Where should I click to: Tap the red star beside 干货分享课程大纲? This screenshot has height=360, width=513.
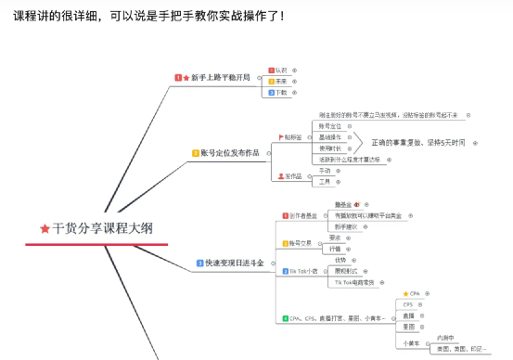[x=45, y=227]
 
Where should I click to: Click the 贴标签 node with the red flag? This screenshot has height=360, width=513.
[x=296, y=136]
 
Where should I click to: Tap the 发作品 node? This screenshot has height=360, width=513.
[x=293, y=175]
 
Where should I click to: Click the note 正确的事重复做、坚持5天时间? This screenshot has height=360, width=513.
[x=420, y=143]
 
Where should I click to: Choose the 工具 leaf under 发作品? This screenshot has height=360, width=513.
[x=325, y=182]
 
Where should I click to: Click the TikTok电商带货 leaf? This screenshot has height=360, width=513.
[x=356, y=282]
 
